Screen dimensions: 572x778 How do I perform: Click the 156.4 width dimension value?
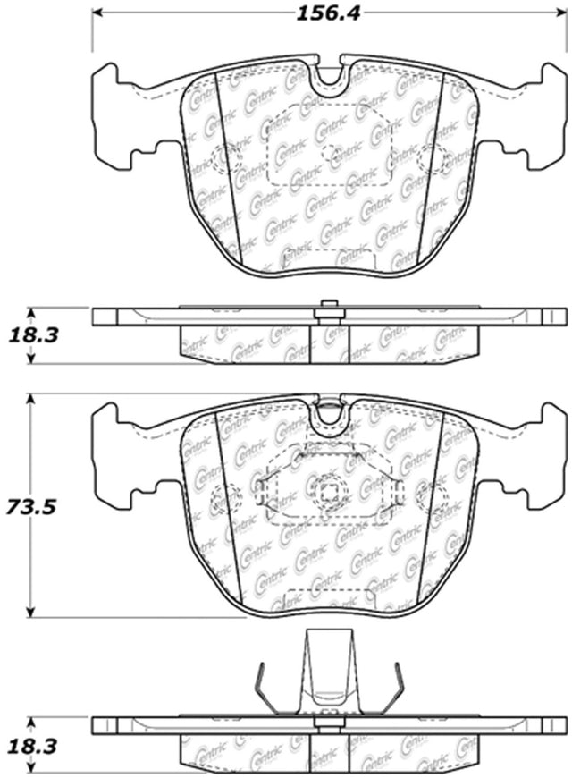click(x=327, y=13)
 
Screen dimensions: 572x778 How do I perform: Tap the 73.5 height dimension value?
click(x=29, y=507)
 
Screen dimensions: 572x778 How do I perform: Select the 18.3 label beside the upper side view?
click(x=33, y=335)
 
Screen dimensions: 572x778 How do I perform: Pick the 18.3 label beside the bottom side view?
click(x=33, y=746)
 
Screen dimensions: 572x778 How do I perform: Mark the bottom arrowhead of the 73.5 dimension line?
click(x=31, y=613)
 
